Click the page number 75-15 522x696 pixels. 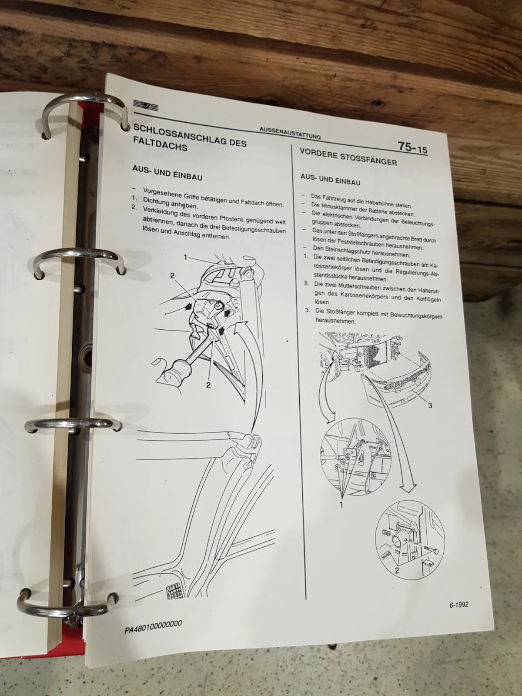413,147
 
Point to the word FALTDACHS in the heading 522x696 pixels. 160,144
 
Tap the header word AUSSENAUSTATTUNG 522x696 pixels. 290,134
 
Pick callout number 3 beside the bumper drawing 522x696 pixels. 430,405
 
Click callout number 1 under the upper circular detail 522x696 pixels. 341,505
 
